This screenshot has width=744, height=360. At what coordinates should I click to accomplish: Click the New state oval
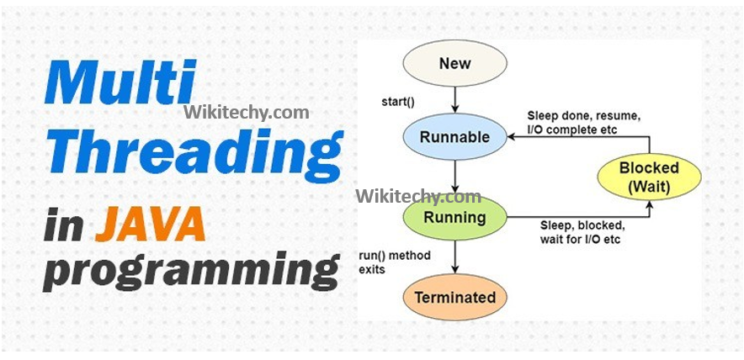[x=454, y=64]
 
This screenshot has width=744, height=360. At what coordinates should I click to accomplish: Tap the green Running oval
[x=454, y=217]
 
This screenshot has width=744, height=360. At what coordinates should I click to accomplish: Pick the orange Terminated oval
[x=454, y=297]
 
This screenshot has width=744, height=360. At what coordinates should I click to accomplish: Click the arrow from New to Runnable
[x=454, y=99]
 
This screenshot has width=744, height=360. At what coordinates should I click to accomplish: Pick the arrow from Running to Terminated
[x=454, y=257]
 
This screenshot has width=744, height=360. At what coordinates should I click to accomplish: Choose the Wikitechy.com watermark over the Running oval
[x=418, y=197]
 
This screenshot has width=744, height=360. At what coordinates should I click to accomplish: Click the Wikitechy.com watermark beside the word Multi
[x=246, y=112]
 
